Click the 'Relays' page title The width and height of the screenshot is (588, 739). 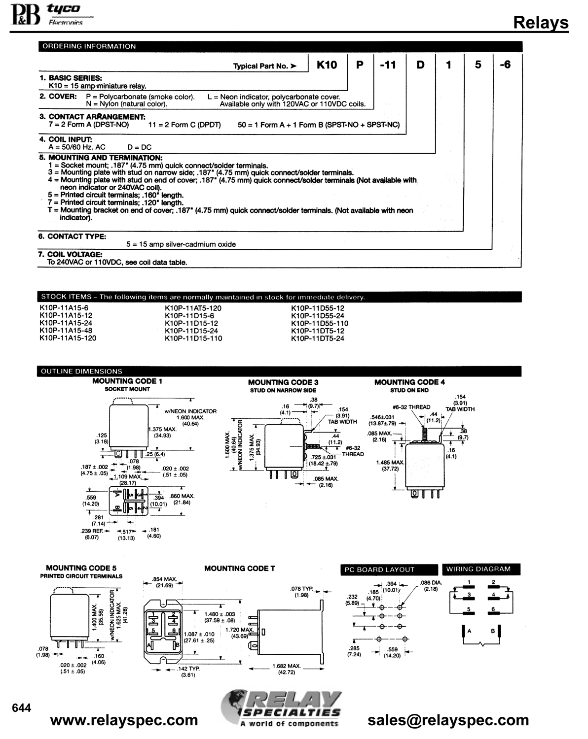[x=541, y=22]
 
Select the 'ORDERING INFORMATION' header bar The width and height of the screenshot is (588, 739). [x=280, y=46]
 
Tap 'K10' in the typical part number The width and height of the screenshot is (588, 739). [x=327, y=65]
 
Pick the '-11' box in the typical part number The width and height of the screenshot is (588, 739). [x=388, y=65]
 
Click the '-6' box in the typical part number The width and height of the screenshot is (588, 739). [x=505, y=65]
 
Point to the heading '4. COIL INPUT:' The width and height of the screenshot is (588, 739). [x=66, y=139]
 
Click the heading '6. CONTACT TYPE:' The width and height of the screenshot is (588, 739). [x=72, y=236]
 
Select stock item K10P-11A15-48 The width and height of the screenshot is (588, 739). [x=66, y=331]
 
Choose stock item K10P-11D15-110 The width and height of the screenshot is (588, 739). [x=193, y=338]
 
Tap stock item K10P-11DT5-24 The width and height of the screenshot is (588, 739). [x=318, y=338]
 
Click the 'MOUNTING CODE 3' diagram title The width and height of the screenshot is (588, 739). [x=283, y=382]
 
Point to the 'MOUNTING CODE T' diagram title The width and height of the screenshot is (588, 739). [x=240, y=569]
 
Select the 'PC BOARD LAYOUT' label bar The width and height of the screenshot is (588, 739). [x=389, y=570]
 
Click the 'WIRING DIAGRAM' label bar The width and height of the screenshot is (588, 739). [x=481, y=569]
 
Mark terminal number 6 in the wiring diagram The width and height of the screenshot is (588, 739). [x=493, y=609]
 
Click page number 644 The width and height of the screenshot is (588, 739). [x=21, y=708]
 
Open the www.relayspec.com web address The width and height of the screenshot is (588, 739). [x=124, y=720]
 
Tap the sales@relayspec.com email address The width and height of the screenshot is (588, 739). [x=448, y=720]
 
